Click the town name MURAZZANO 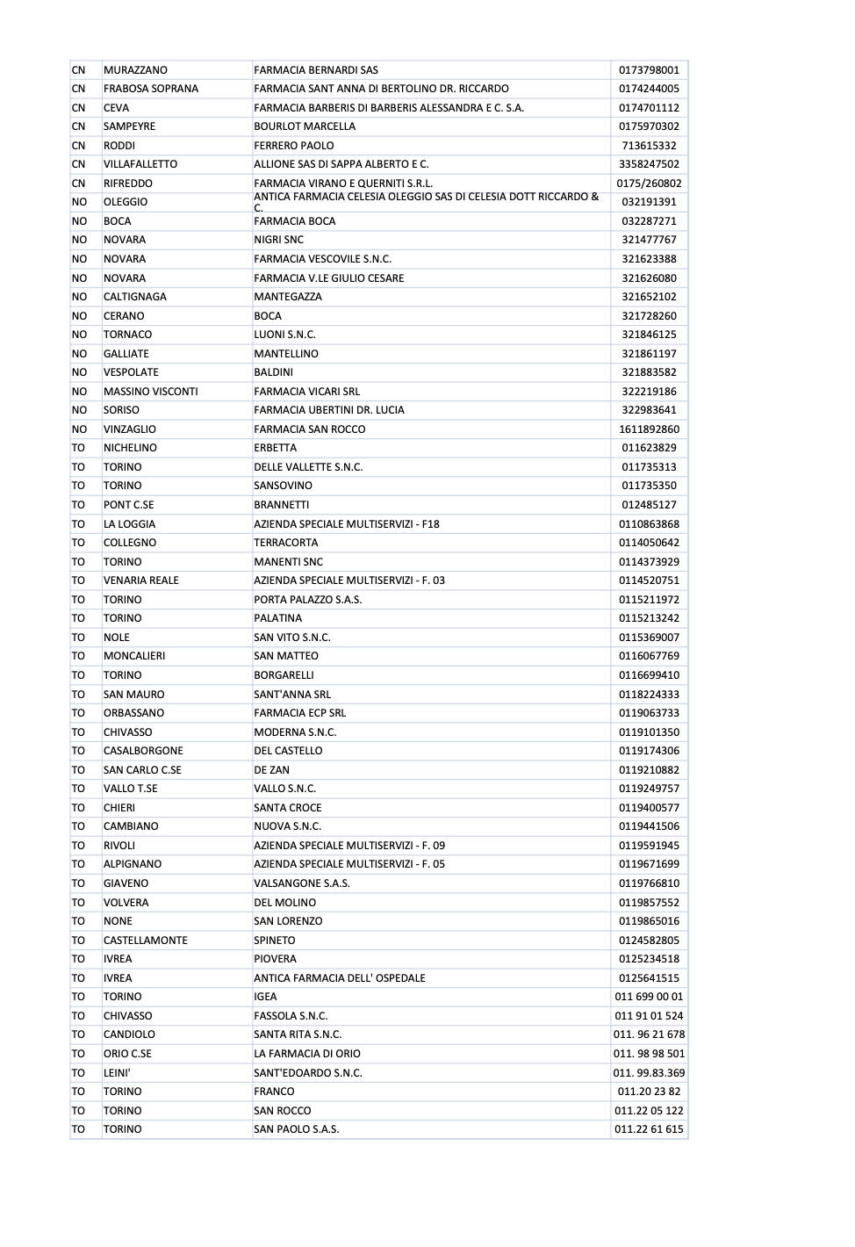click(135, 70)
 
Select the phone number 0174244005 click(649, 89)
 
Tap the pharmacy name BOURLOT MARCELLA click(305, 126)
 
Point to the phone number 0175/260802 click(649, 184)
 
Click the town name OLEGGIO click(126, 202)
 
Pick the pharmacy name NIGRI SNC click(278, 240)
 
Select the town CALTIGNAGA click(135, 297)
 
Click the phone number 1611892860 click(649, 429)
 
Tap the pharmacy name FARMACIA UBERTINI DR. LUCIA click(329, 410)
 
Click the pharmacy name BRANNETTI click(281, 505)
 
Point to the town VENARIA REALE click(140, 580)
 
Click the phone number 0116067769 click(649, 656)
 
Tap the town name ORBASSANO click(133, 713)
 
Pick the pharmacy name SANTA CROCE click(287, 808)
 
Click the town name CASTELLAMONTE click(145, 941)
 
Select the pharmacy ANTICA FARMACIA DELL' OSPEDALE click(339, 978)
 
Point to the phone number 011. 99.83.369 click(649, 1073)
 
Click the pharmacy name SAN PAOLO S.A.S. click(296, 1129)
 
